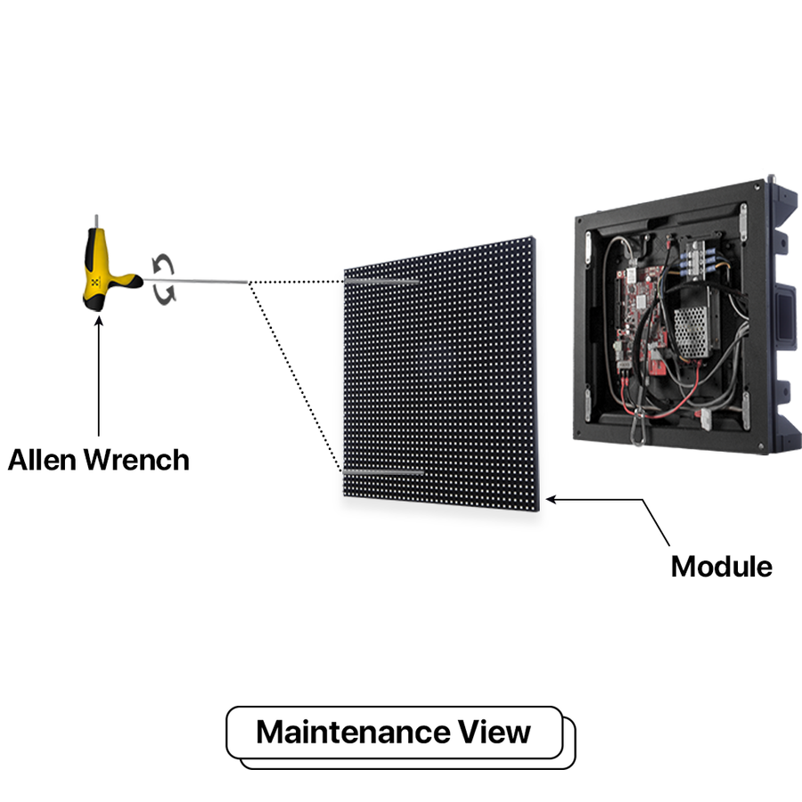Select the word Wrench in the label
[143, 460]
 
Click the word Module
[721, 566]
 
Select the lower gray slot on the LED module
[382, 471]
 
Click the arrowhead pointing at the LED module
[552, 500]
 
